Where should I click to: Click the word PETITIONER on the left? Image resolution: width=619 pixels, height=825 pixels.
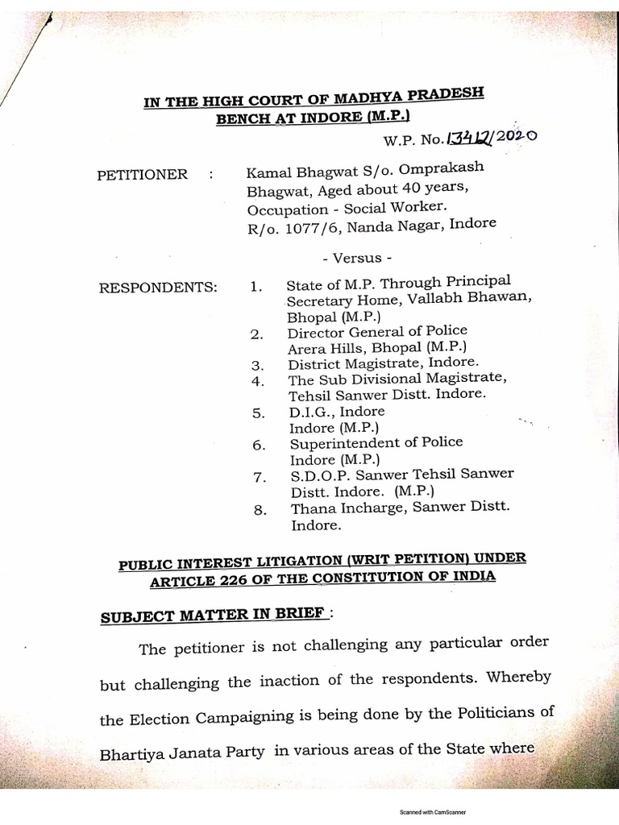point(142,174)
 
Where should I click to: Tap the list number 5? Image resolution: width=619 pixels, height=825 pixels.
point(258,413)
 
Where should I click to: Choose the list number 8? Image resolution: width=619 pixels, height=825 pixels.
point(258,509)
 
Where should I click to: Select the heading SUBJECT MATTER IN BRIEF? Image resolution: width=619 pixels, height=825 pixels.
point(214,616)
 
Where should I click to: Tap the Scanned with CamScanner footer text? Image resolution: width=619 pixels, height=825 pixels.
point(433,813)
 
